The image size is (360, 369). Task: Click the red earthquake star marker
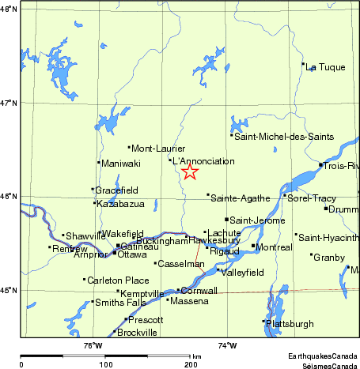click(189, 171)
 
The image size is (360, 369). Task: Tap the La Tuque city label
click(325, 67)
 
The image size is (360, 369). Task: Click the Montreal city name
click(275, 247)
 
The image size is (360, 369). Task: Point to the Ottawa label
click(132, 254)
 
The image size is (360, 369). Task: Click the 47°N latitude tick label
click(9, 104)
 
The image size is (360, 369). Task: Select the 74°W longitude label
click(227, 345)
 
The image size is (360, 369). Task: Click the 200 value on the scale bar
click(189, 364)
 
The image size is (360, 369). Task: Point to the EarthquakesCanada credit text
click(323, 357)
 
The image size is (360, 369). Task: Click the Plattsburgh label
click(290, 324)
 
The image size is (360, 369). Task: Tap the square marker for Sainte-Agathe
click(208, 194)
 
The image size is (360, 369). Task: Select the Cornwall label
click(199, 291)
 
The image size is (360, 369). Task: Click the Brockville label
click(138, 333)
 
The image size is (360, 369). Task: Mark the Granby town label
click(329, 258)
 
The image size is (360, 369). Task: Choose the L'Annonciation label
click(204, 161)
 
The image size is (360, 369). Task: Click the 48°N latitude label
click(9, 10)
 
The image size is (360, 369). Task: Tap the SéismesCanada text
click(323, 364)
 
